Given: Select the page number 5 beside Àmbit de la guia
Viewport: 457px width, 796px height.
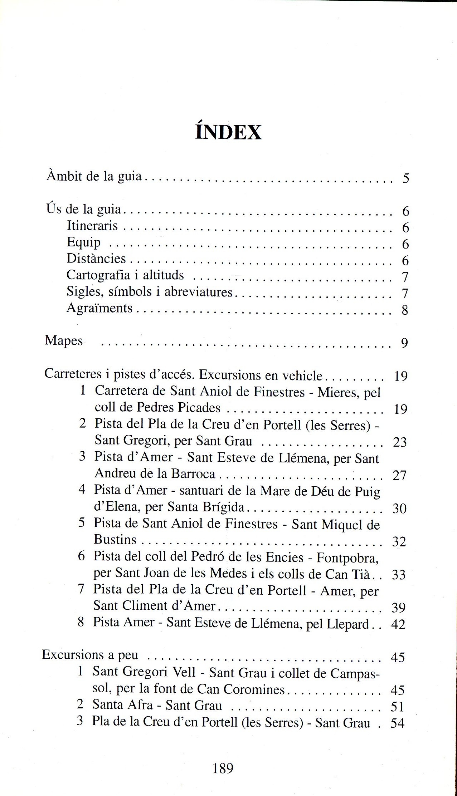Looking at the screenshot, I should [x=405, y=178].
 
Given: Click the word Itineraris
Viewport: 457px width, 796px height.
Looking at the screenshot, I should [x=92, y=226].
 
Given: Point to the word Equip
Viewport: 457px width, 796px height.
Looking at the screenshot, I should [x=83, y=242].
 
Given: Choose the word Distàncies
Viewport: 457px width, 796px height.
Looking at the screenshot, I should [x=96, y=258].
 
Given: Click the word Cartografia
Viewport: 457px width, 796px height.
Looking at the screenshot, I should [x=98, y=275].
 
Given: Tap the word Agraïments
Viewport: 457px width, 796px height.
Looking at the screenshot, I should [x=99, y=308].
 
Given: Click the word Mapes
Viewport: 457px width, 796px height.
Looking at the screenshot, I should [x=64, y=340].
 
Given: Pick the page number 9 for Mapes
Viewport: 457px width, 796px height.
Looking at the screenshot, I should [x=404, y=343].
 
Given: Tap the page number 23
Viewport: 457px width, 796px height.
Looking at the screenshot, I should [x=400, y=442].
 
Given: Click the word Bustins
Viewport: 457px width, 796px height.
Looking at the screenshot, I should [x=115, y=539].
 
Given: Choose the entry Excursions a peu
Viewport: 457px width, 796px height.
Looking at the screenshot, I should [x=90, y=654].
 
